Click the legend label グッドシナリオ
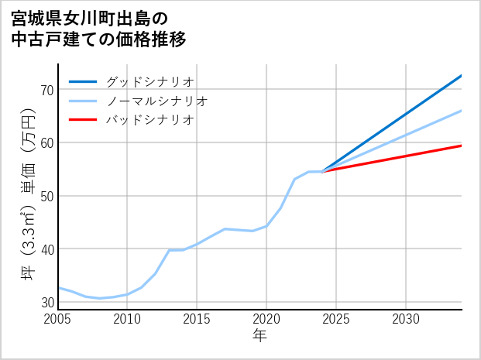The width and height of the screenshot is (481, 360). [x=149, y=81]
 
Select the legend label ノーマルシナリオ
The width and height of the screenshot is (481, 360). [x=156, y=101]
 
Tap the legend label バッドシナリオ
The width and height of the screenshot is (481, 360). [x=149, y=120]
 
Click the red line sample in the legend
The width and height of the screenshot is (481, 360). [x=83, y=120]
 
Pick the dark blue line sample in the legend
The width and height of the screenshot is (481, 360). [x=83, y=81]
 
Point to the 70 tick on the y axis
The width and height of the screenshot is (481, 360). [x=46, y=90]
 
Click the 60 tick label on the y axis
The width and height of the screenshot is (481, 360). [x=46, y=142]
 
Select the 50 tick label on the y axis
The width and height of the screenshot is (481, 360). [x=46, y=196]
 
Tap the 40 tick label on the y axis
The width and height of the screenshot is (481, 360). [x=46, y=249]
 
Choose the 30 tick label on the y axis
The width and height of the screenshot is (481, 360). [x=46, y=302]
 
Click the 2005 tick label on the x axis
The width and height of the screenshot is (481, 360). [x=58, y=319]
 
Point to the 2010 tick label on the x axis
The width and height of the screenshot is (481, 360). [x=128, y=319]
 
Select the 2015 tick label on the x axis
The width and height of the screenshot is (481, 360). [x=198, y=319]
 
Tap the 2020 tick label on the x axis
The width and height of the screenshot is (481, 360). [x=266, y=319]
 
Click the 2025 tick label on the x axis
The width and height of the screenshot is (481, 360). [x=336, y=319]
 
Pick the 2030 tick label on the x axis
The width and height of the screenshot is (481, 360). [x=406, y=319]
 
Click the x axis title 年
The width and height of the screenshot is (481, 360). [x=259, y=335]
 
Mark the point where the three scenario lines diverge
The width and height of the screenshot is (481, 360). [x=322, y=171]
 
